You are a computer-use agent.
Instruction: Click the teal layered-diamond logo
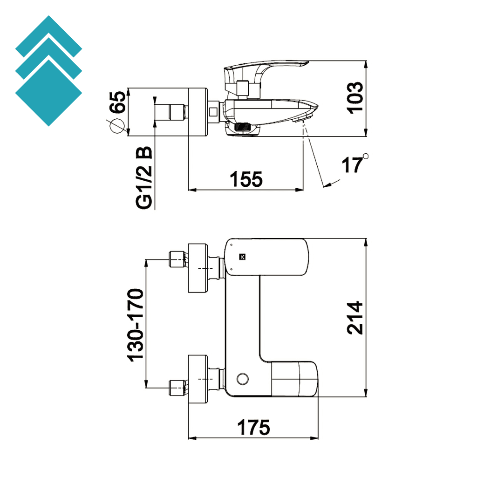(x=48, y=71)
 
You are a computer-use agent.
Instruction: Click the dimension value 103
(x=355, y=97)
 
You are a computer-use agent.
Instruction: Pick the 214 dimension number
(x=355, y=318)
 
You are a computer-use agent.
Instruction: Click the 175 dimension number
(x=253, y=427)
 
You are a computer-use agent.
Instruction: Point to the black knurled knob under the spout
(x=243, y=126)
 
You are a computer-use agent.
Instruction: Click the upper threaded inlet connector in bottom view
(x=177, y=259)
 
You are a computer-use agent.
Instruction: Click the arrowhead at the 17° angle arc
(x=327, y=185)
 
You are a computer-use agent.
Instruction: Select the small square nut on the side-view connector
(x=213, y=112)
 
